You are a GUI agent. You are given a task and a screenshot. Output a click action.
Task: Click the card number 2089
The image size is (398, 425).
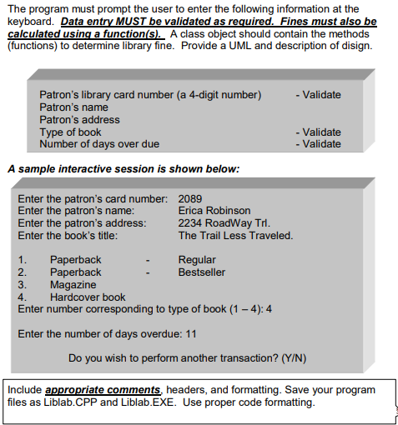pyautogui.click(x=189, y=198)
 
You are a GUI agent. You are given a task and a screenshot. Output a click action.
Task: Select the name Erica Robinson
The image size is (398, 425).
pyautogui.click(x=214, y=211)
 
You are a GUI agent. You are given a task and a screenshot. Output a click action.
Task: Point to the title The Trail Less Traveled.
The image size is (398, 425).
pyautogui.click(x=235, y=235)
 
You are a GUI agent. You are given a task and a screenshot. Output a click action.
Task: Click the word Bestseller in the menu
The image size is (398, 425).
pyautogui.click(x=202, y=272)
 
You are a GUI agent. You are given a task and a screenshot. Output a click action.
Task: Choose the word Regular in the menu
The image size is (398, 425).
pyautogui.click(x=197, y=260)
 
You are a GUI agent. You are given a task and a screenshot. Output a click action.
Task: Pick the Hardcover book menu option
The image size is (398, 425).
pyautogui.click(x=88, y=297)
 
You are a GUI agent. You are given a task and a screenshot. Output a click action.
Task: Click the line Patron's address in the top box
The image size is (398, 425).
pyautogui.click(x=79, y=119)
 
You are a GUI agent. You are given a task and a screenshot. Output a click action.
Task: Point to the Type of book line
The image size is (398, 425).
pyautogui.click(x=71, y=132)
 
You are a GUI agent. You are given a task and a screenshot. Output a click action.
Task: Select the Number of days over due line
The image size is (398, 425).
pyautogui.click(x=99, y=143)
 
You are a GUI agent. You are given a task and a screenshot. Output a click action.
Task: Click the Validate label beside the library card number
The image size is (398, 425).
pyautogui.click(x=318, y=95)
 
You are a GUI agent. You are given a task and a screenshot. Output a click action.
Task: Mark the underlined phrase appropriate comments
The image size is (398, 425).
pyautogui.click(x=102, y=390)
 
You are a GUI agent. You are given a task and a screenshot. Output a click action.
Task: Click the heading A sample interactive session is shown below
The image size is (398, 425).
pyautogui.click(x=123, y=169)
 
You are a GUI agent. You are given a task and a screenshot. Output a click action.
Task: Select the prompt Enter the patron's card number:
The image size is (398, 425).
pyautogui.click(x=92, y=198)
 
